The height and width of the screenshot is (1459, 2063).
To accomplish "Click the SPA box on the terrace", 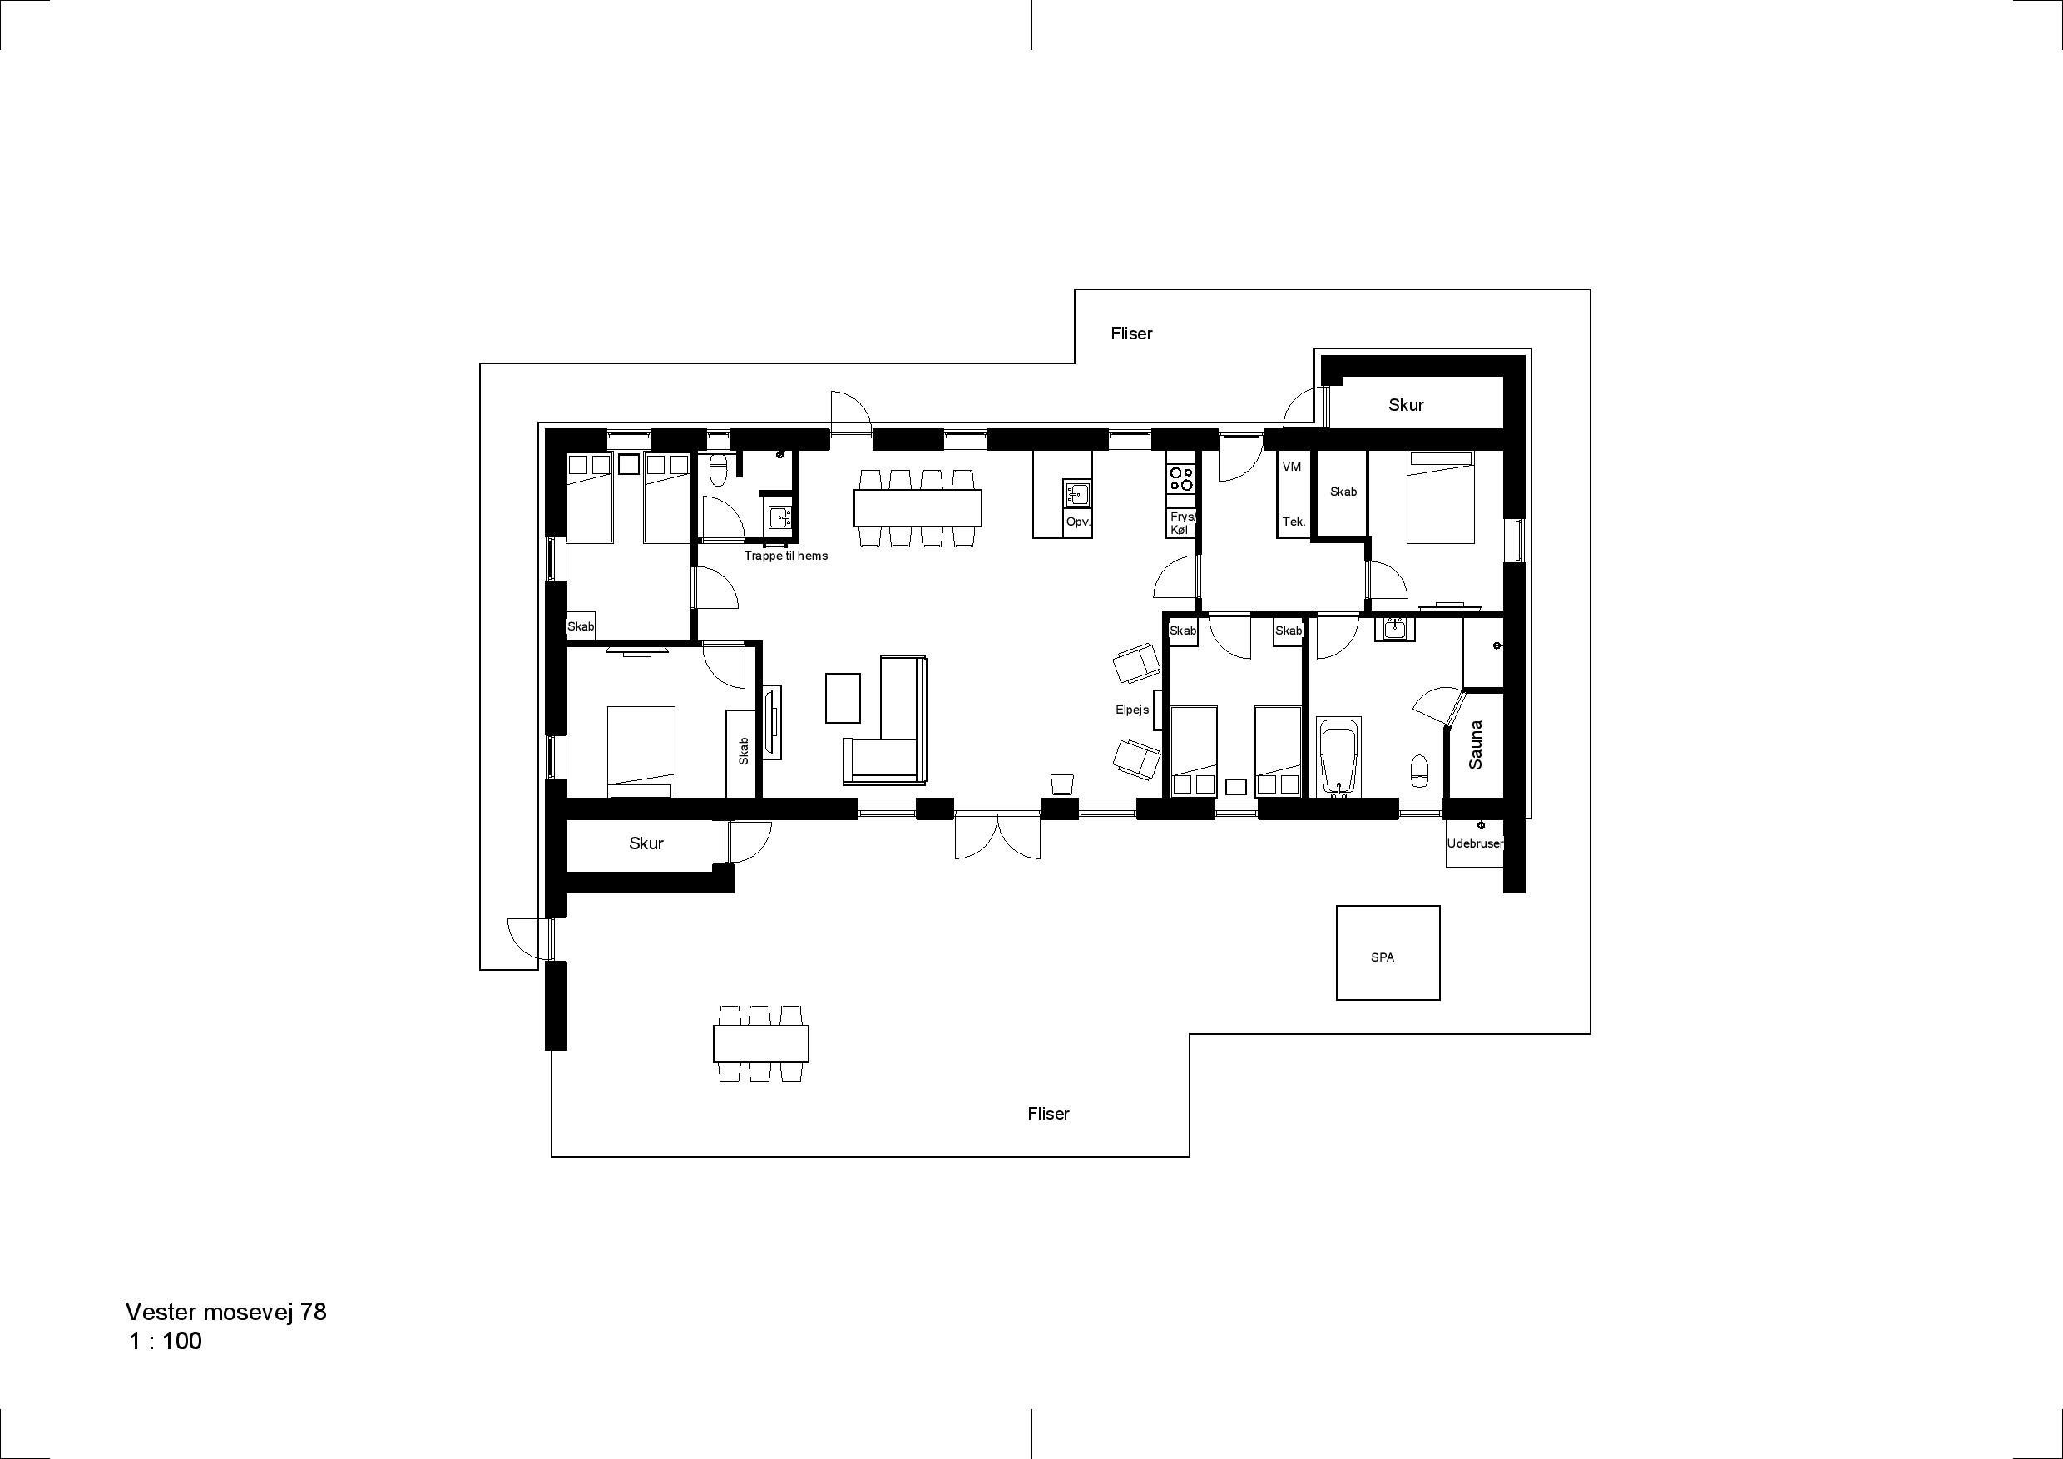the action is click(1388, 952).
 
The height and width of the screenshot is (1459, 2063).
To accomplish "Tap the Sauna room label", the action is click(1476, 744).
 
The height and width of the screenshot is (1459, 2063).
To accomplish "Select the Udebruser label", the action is click(1475, 843).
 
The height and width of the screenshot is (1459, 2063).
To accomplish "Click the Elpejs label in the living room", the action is click(1132, 710).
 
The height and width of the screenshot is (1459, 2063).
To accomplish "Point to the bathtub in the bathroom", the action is click(1338, 756).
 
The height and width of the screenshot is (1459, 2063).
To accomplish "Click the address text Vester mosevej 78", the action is click(226, 1312).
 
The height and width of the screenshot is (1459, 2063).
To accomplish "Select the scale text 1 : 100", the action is click(166, 1342).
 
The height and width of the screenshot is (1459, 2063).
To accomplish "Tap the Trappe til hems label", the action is click(786, 556).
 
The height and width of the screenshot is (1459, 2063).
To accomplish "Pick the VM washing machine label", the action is click(1292, 467).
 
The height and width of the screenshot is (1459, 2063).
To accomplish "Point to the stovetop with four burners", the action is click(1180, 478).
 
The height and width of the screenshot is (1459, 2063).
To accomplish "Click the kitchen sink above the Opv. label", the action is click(1076, 493).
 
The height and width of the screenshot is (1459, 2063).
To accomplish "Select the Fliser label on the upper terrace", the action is click(1131, 334).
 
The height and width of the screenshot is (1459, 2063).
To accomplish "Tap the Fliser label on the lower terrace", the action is click(1049, 1114).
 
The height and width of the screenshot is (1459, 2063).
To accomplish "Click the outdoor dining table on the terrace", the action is click(761, 1043).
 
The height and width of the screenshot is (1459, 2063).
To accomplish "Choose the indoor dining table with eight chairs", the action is click(918, 507).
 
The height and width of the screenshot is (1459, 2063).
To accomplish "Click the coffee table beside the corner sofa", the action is click(843, 698).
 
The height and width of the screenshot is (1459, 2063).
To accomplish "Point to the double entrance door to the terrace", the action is click(997, 837).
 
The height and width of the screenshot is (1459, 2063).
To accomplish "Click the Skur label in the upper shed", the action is click(1406, 405).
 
